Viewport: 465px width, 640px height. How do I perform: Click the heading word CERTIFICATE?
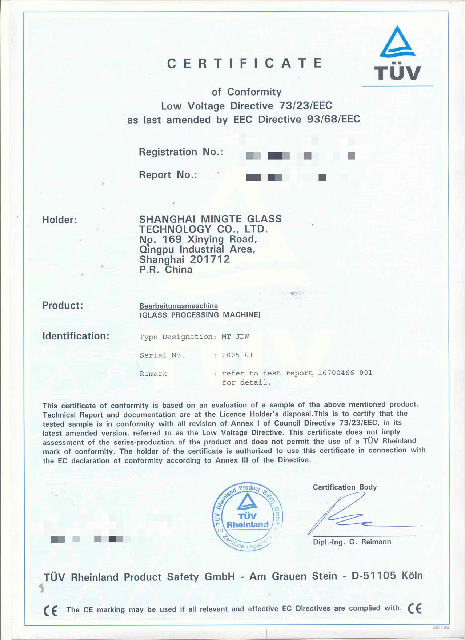coord(245,63)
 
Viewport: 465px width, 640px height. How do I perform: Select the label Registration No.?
coord(181,152)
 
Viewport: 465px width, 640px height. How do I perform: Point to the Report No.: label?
coord(168,175)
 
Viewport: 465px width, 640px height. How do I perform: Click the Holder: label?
coord(59,220)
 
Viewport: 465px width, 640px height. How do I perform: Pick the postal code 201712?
coord(210,259)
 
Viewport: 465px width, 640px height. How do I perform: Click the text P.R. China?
coord(166,270)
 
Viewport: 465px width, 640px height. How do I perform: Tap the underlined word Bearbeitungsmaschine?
coord(179,306)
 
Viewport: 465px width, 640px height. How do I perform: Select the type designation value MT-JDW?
coord(235,337)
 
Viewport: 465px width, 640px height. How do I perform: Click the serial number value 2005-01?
coord(237,355)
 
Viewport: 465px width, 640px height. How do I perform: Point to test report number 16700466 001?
coord(345,373)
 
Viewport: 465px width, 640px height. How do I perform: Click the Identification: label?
coord(76,336)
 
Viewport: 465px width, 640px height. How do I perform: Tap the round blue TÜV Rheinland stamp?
coord(247,516)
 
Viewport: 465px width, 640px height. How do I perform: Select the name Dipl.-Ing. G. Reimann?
coord(352,542)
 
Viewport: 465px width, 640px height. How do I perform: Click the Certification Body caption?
coord(345,487)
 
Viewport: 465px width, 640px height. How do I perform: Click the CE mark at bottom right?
coord(415,608)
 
